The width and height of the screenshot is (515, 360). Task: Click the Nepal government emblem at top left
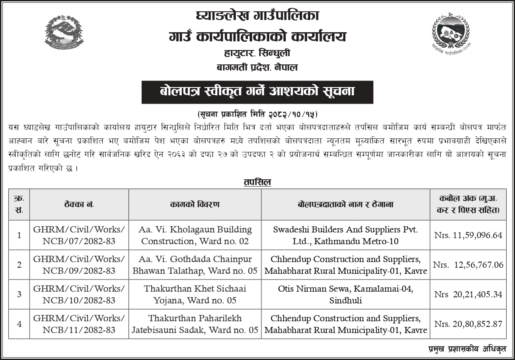[64, 35]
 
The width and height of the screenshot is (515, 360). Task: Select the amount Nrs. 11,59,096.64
[468, 235]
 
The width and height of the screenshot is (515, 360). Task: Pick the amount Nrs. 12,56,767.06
[468, 265]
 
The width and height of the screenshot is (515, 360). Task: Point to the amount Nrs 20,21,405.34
[468, 294]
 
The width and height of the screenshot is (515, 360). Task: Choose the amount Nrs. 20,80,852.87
[468, 324]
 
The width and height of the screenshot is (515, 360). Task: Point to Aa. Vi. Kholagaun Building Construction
[195, 235]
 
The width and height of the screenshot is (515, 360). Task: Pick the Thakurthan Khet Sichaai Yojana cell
[195, 294]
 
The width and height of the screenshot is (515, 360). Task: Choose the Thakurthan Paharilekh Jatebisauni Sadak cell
[195, 324]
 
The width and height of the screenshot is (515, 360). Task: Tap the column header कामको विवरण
[195, 204]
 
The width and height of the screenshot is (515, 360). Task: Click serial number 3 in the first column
[19, 294]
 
